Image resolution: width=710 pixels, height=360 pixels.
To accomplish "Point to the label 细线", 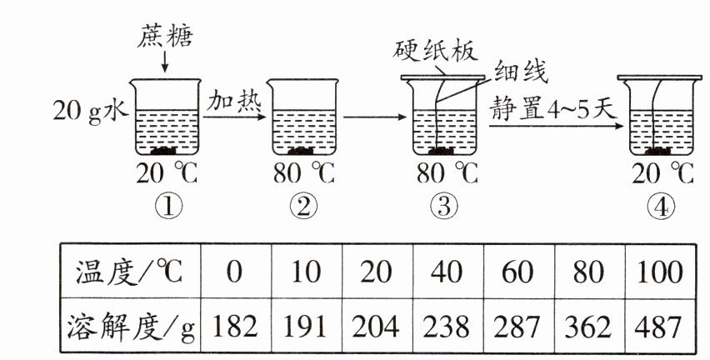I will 521,72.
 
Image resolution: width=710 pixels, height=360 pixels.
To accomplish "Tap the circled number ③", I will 442,205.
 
